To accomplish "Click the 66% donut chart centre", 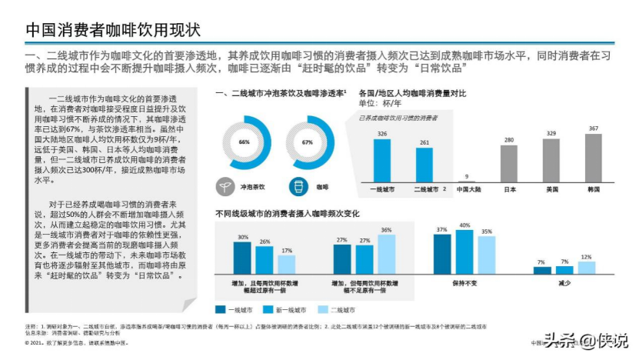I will (x=245, y=142).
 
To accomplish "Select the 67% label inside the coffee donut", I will (x=308, y=142).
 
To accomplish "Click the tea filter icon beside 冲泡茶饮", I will (x=228, y=185).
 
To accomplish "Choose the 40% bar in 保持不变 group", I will (x=464, y=252).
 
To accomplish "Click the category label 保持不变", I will (x=464, y=282).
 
